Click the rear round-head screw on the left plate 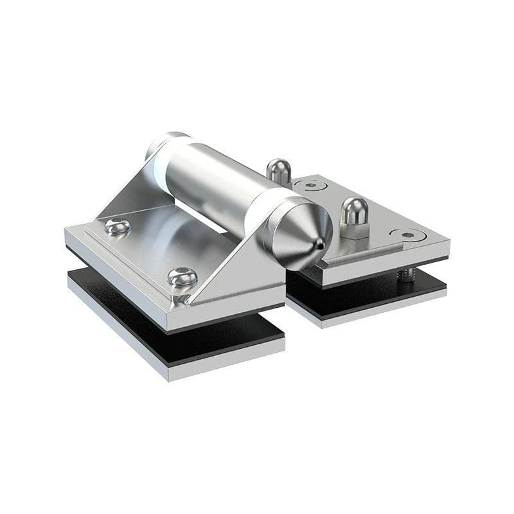[117, 226]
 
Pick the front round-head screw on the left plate [182, 276]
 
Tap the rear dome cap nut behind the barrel [278, 170]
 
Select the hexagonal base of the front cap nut [354, 229]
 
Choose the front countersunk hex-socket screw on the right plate [408, 235]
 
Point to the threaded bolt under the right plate [405, 274]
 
